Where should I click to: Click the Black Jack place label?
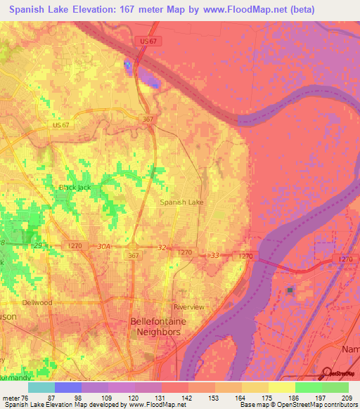coord(75,188)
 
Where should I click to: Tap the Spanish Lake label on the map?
coord(181,202)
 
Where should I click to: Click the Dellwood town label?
coord(37,303)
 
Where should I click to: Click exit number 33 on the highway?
coord(215,255)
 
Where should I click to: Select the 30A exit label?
coord(104,247)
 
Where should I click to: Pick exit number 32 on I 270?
coord(161,247)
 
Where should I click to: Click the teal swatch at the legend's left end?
coord(41,387)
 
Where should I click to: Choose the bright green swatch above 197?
coord(308,387)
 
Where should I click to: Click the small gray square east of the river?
coord(290,290)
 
